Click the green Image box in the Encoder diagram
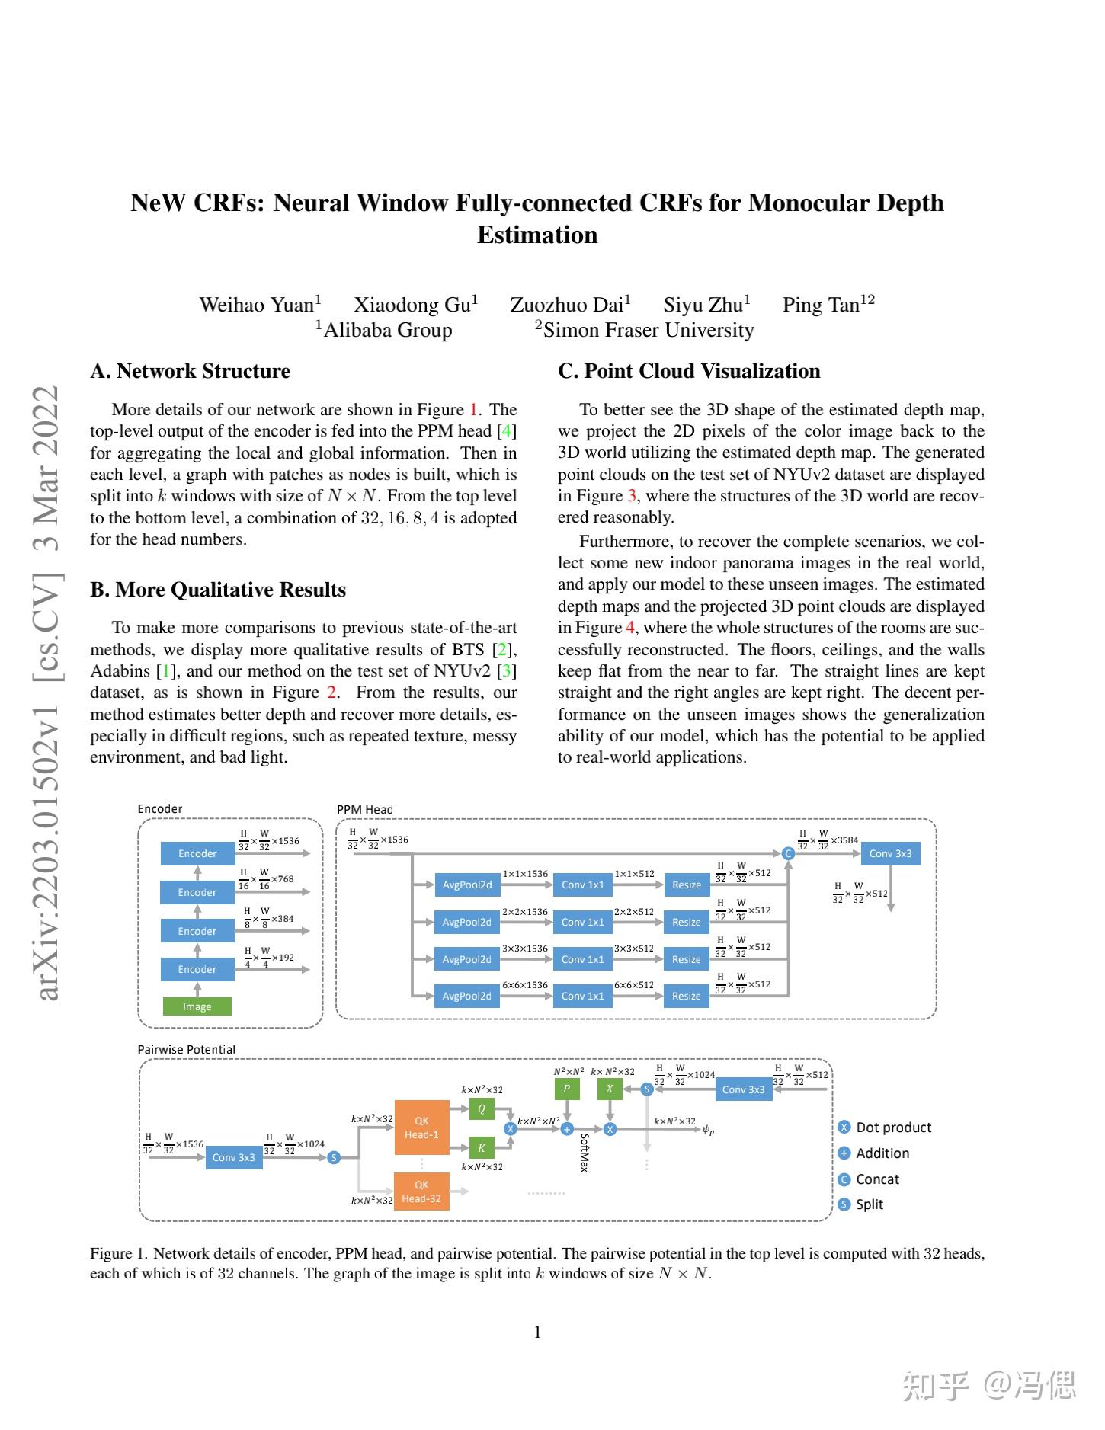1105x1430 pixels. click(x=197, y=1006)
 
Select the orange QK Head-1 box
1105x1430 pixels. click(x=421, y=1128)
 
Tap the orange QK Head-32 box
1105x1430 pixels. click(x=421, y=1192)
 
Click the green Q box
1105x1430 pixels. click(x=482, y=1109)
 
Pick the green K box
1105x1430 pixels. click(x=482, y=1147)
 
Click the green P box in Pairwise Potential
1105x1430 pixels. click(x=566, y=1089)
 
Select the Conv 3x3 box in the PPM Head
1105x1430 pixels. click(x=890, y=853)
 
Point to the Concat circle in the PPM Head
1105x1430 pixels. click(x=789, y=853)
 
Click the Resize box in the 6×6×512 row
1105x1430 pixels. click(x=686, y=996)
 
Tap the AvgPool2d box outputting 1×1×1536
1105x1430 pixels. click(x=466, y=885)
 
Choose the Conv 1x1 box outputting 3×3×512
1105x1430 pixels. click(x=582, y=959)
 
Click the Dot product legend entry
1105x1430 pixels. click(x=892, y=1128)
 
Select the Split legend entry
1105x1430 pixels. click(x=869, y=1204)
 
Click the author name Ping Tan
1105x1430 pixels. click(x=821, y=306)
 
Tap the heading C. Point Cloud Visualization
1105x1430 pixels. click(x=689, y=371)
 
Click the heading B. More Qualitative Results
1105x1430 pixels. click(x=218, y=590)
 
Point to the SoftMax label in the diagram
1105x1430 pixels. click(x=585, y=1153)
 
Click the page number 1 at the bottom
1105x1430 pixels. click(x=537, y=1332)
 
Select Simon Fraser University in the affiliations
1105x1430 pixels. click(x=648, y=330)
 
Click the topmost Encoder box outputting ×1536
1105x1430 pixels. click(x=197, y=853)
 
